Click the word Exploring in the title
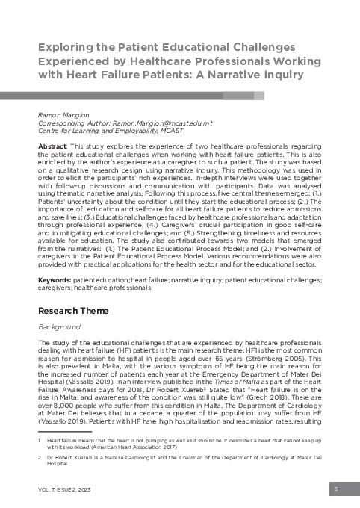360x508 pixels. click(x=68, y=48)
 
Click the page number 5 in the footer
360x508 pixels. click(x=338, y=489)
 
